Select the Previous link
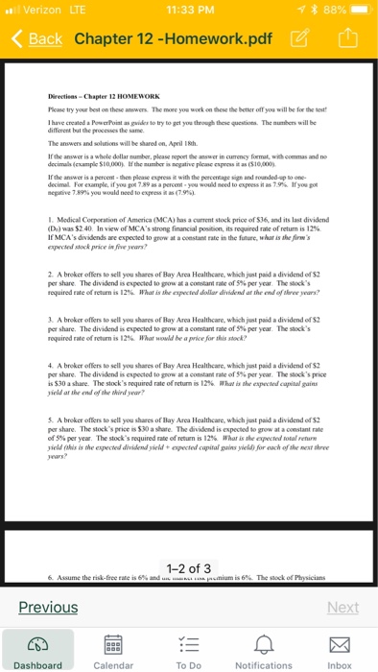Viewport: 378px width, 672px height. click(x=49, y=607)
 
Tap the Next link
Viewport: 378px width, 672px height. click(x=343, y=607)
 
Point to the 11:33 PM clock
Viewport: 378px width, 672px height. click(x=189, y=10)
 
